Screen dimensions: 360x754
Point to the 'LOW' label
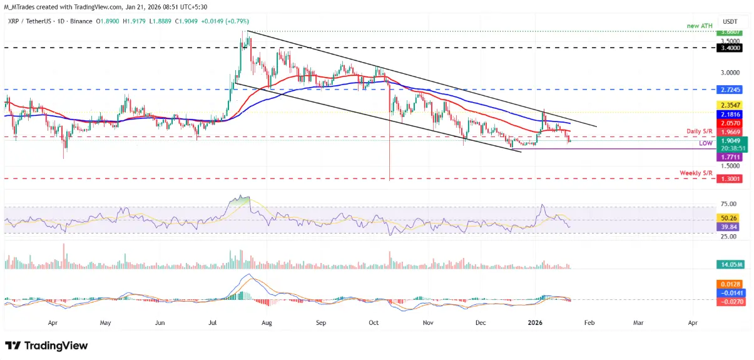pos(706,143)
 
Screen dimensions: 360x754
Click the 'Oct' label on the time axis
pos(374,324)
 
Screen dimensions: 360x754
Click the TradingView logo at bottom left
pos(46,346)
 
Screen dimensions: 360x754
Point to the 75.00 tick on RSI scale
pos(727,204)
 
